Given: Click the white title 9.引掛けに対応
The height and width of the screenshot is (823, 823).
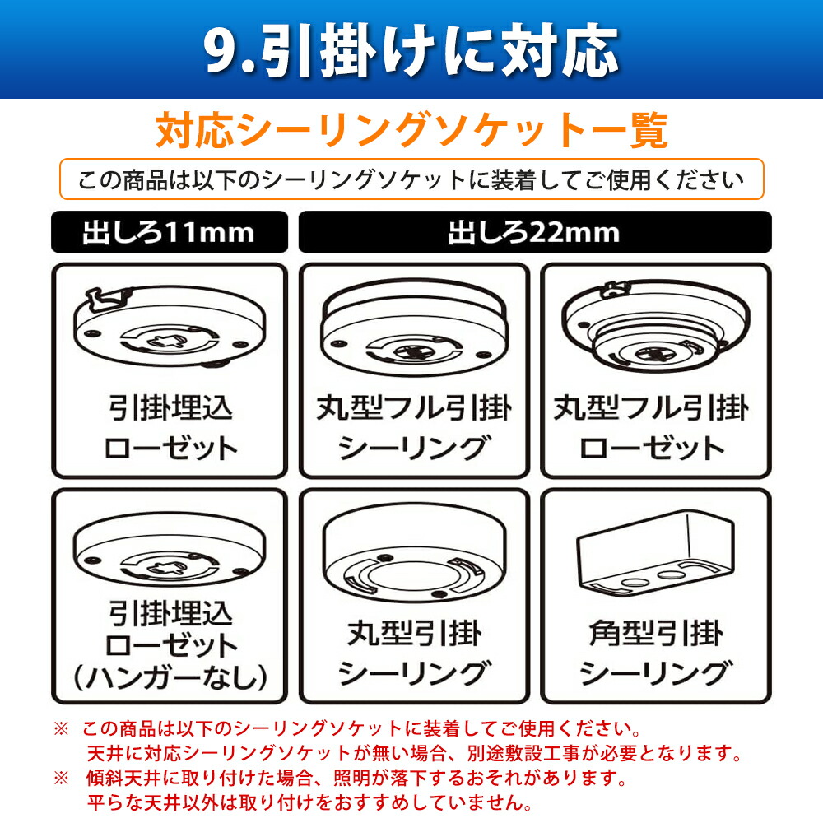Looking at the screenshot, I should (x=411, y=51).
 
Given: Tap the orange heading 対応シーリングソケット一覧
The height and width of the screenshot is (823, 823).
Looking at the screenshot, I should (x=411, y=132).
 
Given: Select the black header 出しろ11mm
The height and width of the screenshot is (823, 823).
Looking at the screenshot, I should (x=169, y=232).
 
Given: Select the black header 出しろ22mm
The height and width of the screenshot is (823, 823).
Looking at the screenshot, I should (x=534, y=232).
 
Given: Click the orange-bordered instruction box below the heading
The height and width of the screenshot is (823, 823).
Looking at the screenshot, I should (x=411, y=180).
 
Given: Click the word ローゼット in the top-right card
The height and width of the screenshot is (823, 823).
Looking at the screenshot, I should (x=653, y=448).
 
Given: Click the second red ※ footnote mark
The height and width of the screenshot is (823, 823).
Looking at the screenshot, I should (x=61, y=777).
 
